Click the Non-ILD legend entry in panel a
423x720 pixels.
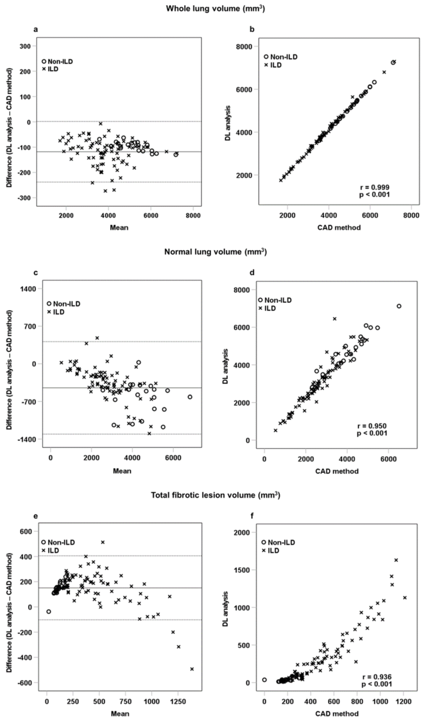click(x=57, y=61)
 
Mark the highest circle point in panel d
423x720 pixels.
click(x=399, y=306)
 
